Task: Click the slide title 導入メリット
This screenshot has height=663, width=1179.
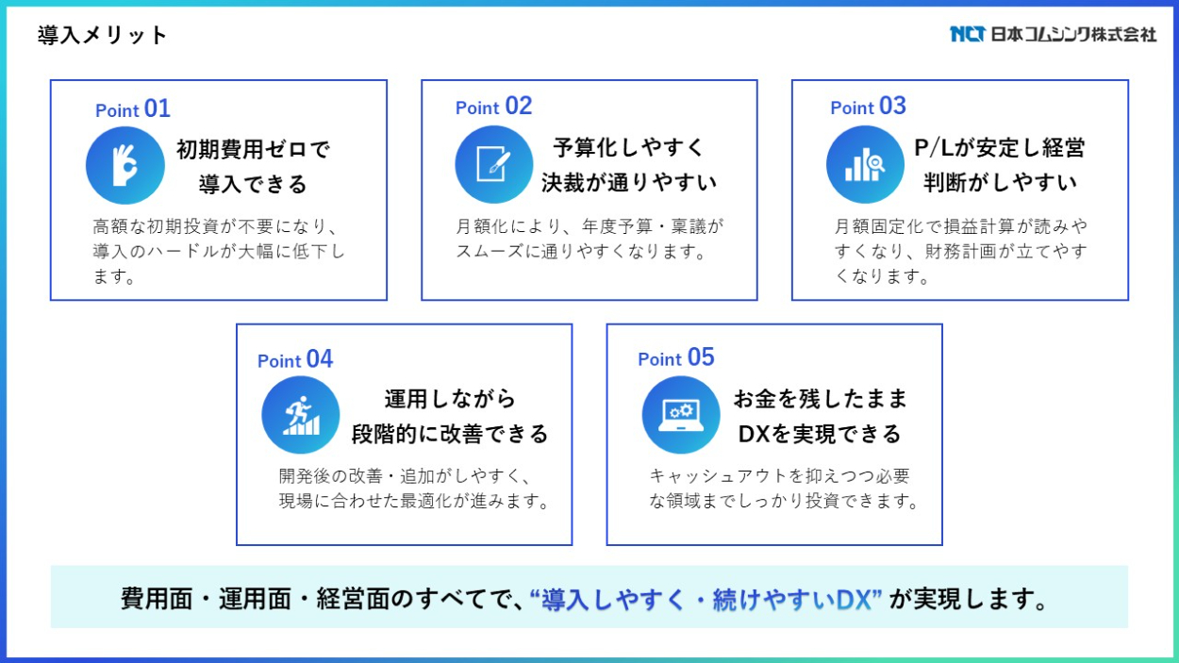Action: pos(102,35)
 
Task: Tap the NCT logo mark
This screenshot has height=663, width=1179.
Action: pos(968,34)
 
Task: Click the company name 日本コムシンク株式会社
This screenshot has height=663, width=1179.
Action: pos(1073,34)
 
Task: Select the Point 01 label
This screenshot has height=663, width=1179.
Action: pos(133,108)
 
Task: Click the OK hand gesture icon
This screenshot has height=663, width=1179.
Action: pos(125,165)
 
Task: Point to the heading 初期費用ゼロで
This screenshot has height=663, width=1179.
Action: pos(253,149)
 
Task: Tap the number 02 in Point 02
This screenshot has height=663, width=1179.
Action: pos(519,106)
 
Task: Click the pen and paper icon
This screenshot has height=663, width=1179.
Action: pos(493,164)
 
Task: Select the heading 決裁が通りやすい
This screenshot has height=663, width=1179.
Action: pos(629,183)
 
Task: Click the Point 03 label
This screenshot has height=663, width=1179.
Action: pos(868,106)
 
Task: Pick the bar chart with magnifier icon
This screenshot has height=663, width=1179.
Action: pos(865,164)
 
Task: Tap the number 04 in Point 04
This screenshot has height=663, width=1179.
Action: pos(320,359)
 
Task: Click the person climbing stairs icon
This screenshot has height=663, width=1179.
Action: pos(301,415)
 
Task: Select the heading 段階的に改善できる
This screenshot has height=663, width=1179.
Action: pos(450,434)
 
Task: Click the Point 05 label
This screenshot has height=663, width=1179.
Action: pos(676,357)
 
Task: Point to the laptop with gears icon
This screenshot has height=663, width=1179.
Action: pos(681,415)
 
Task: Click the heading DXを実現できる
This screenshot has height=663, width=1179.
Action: pos(820,434)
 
